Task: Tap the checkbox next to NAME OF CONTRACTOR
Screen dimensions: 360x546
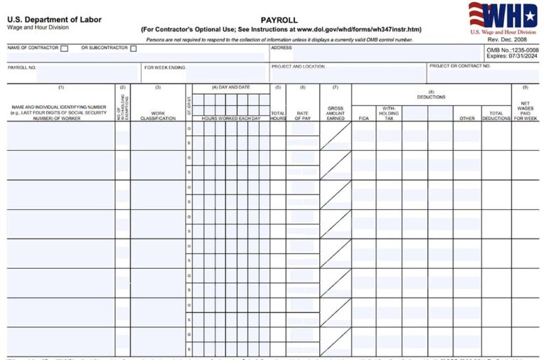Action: pos(65,49)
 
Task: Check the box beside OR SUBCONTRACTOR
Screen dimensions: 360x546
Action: pos(133,49)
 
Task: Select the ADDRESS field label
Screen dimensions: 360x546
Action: pos(282,48)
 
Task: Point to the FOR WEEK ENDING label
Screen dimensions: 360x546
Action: pos(166,67)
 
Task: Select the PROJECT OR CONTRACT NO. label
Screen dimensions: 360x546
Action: pos(459,65)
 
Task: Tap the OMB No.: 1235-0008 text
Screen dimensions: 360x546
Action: pos(513,50)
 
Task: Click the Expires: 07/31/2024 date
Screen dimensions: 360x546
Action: pos(513,56)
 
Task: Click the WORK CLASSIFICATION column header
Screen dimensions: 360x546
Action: pos(157,115)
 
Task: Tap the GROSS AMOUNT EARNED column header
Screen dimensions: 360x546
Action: pos(335,113)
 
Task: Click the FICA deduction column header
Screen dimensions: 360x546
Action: pos(363,118)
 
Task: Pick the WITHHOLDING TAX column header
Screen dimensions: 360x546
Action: pos(389,113)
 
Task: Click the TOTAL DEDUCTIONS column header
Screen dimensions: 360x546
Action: pos(496,115)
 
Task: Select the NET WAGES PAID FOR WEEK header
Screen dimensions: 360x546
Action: pos(525,111)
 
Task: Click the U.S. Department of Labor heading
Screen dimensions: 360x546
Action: pos(54,19)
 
